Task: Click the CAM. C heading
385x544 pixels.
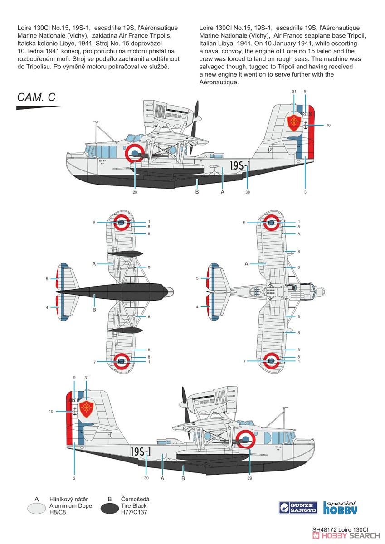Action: (x=36, y=97)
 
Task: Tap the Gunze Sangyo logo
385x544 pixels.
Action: (x=298, y=508)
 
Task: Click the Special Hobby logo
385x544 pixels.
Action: (x=340, y=507)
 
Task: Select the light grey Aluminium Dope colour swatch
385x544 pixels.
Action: (x=36, y=508)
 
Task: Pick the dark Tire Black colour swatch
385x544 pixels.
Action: (x=109, y=508)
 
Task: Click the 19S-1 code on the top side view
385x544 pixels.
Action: (x=240, y=165)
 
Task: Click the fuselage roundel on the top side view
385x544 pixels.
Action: (x=134, y=152)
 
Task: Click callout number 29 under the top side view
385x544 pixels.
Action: (x=135, y=192)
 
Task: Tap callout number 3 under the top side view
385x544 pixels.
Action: (x=305, y=192)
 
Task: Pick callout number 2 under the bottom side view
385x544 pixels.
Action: (x=74, y=478)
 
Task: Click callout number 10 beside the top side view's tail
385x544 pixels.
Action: (x=328, y=125)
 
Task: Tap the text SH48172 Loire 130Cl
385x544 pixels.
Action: (x=340, y=529)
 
